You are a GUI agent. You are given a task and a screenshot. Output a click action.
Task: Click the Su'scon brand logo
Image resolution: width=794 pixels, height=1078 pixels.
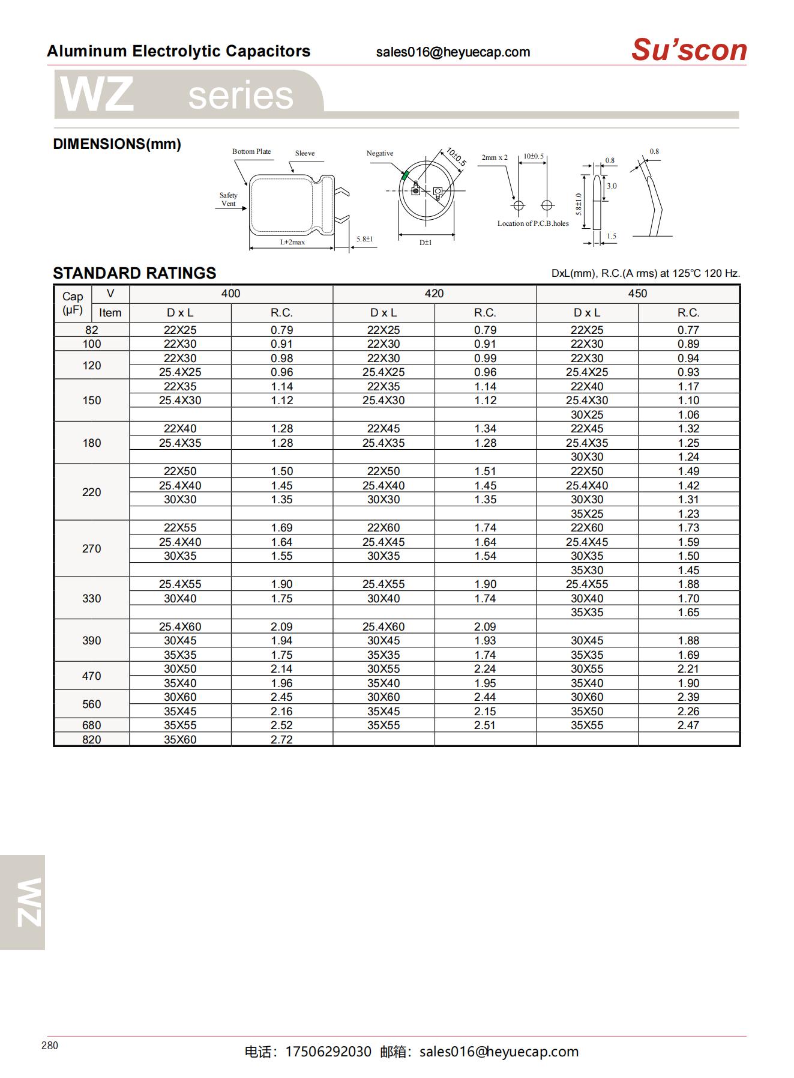coord(688,50)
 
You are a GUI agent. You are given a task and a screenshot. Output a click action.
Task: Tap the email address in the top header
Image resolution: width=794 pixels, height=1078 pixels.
coord(453,52)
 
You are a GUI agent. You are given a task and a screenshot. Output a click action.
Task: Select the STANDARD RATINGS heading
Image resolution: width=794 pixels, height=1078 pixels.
coord(134,273)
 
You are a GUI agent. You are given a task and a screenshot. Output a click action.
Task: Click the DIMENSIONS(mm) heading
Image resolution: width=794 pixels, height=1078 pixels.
coord(117,144)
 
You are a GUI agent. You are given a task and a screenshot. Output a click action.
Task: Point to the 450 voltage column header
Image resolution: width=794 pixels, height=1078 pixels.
coord(637,294)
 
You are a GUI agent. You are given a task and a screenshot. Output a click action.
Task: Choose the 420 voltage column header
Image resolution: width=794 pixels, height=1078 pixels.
coord(434,294)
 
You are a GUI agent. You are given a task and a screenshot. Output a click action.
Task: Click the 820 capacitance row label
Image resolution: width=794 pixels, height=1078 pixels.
coord(91,740)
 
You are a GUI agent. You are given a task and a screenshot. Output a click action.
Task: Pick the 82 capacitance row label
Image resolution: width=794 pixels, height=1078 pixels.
coord(91,330)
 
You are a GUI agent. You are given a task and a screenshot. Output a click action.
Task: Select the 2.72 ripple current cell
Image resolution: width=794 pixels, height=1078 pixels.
coord(281,740)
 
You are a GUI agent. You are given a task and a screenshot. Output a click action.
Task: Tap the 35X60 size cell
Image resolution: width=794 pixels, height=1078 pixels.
coord(180,740)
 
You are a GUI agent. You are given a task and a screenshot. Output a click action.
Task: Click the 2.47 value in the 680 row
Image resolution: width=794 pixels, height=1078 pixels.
coord(688,725)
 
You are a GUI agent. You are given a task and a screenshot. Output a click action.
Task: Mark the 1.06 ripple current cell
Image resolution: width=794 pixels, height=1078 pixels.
coord(688,415)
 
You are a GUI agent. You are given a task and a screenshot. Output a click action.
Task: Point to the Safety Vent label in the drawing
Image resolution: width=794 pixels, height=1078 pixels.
coord(228,199)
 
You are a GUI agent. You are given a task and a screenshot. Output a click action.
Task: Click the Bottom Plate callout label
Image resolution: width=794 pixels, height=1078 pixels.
coord(251,151)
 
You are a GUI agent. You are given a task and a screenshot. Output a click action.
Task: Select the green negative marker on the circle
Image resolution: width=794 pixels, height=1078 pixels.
coord(405,175)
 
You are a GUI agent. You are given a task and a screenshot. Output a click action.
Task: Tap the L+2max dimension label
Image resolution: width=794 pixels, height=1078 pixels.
coord(292,242)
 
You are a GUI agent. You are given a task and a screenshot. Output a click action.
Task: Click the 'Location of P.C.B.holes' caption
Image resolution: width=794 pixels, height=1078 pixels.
coord(533,223)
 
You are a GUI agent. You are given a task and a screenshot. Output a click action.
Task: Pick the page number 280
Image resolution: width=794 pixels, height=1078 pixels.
coord(50,1046)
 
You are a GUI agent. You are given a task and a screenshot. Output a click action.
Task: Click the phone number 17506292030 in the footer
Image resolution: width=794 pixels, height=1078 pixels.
coord(328,1052)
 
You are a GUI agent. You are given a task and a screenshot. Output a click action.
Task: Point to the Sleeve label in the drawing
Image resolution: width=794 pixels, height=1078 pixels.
coord(305,153)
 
